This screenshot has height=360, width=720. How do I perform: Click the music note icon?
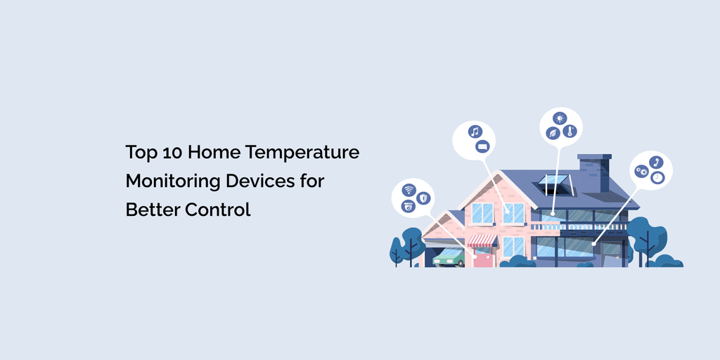click(474, 131)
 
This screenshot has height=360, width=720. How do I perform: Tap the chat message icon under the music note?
click(482, 146)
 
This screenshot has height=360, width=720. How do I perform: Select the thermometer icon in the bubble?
click(570, 131)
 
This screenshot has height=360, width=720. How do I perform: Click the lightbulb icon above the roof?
click(560, 117)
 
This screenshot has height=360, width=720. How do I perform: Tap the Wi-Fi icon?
click(409, 190)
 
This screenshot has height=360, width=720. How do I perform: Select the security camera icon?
click(407, 206)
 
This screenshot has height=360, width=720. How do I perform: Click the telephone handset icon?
click(656, 162)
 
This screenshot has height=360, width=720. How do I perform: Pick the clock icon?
click(657, 178)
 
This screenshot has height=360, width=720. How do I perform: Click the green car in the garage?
click(449, 258)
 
